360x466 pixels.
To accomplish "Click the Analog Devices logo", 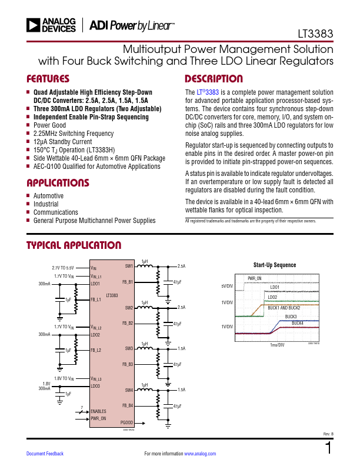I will (51, 25).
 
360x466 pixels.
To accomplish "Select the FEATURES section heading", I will (48, 79).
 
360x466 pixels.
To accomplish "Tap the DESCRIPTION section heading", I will (214, 79).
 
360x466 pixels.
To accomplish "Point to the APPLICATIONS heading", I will (58, 183).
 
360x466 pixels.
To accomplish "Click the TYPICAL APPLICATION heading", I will (74, 245).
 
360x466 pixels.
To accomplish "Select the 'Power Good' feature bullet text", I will (49, 125).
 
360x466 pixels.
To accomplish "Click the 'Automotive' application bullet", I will (48, 196).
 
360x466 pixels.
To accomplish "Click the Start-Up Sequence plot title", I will (275, 265).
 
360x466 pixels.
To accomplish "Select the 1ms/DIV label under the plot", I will (277, 345).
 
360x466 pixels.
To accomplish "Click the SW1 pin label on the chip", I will (129, 266).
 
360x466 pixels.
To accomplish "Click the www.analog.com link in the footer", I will (200, 454).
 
